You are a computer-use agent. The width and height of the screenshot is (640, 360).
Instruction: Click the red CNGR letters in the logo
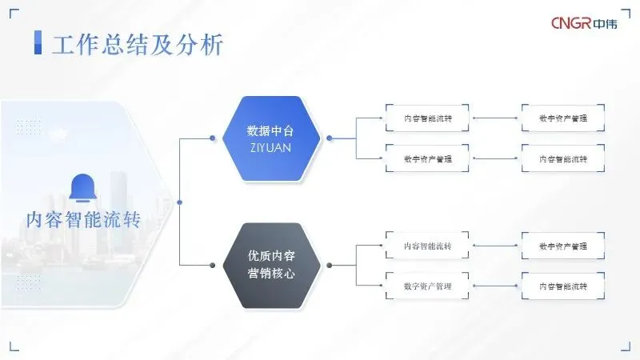(x=571, y=24)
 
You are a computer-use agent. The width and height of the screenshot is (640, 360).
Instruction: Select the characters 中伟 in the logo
(x=606, y=24)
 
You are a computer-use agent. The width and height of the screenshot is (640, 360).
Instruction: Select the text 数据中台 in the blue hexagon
(x=270, y=130)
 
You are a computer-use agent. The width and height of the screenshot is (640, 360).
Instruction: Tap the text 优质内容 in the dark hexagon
(x=270, y=256)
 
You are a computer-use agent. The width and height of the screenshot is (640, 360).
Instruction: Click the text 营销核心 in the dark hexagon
(x=270, y=273)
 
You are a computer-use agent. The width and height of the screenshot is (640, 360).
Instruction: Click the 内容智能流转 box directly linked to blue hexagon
(x=427, y=118)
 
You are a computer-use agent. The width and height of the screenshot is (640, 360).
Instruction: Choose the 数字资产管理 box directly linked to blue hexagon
(x=427, y=158)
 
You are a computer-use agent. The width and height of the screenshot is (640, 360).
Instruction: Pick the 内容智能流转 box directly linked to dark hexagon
(x=427, y=246)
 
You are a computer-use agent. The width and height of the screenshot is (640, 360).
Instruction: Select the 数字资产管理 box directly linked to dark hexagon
(x=427, y=286)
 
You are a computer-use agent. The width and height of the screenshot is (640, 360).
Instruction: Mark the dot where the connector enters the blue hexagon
(x=212, y=138)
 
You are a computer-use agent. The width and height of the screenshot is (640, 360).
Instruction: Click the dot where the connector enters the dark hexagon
(x=212, y=265)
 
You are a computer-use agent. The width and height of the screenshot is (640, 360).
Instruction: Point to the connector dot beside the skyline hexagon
(x=179, y=202)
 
